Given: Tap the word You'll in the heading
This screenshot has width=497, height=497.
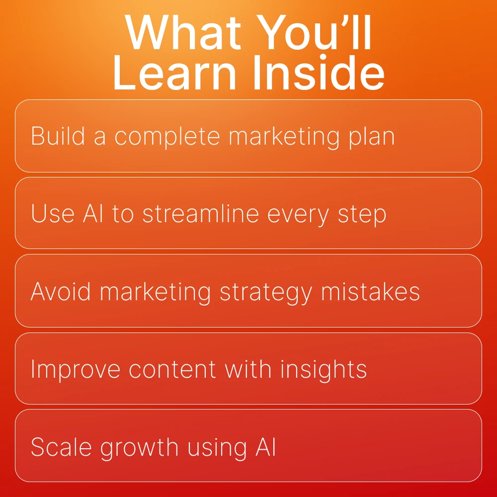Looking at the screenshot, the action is pyautogui.click(x=314, y=32).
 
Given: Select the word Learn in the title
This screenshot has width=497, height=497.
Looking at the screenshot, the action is pyautogui.click(x=175, y=73).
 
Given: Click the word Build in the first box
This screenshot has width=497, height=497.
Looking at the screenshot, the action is pyautogui.click(x=58, y=136).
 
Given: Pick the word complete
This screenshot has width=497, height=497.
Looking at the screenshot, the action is pyautogui.click(x=167, y=138).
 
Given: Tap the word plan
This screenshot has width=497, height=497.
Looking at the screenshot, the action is pyautogui.click(x=371, y=138).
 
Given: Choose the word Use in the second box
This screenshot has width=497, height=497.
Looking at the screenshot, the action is pyautogui.click(x=53, y=214).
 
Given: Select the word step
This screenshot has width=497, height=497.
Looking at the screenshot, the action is pyautogui.click(x=362, y=215).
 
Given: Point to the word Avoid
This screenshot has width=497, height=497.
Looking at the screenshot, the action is pyautogui.click(x=60, y=291).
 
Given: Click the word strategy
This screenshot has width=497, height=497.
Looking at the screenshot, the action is pyautogui.click(x=265, y=293).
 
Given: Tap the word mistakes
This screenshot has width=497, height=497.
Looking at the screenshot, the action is pyautogui.click(x=370, y=291).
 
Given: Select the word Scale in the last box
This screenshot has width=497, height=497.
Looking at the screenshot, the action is pyautogui.click(x=61, y=447).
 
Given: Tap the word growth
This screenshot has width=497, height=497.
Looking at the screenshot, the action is pyautogui.click(x=139, y=448).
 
